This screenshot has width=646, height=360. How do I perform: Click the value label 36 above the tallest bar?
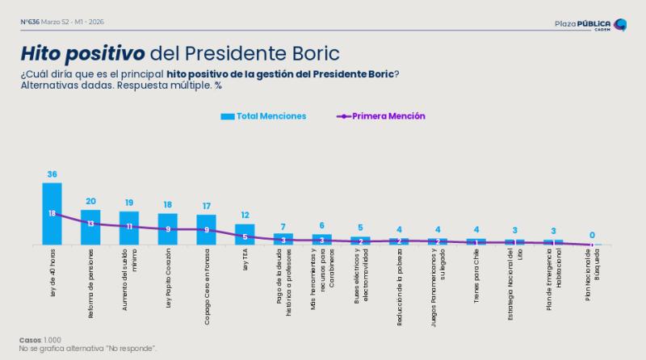(x=52, y=174)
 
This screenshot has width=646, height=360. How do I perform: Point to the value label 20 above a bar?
(x=90, y=201)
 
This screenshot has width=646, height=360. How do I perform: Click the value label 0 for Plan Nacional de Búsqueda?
(x=593, y=235)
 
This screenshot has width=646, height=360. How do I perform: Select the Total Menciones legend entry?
(x=263, y=116)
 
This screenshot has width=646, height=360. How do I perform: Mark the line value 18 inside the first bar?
(x=52, y=213)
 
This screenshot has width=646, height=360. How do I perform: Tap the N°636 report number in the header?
(x=31, y=21)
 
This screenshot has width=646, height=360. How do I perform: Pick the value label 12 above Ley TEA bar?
(x=245, y=215)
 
